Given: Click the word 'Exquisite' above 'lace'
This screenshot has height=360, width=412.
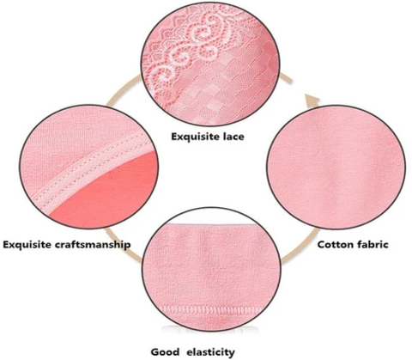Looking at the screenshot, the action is [x=194, y=137].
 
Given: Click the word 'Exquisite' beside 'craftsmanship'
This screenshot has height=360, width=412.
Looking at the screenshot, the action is [x=27, y=245].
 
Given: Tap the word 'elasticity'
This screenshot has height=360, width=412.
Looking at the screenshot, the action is [x=210, y=352].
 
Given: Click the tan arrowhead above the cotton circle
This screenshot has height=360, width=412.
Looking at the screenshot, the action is [x=312, y=101].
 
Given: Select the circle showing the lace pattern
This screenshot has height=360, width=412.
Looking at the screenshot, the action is [x=210, y=64].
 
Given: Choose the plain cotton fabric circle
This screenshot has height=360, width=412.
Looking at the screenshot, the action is [x=336, y=168].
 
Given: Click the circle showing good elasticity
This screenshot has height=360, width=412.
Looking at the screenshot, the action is [x=212, y=269].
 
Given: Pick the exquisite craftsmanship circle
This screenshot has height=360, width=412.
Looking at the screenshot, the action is [x=89, y=167].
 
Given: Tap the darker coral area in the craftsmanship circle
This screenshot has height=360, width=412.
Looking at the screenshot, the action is [x=114, y=189].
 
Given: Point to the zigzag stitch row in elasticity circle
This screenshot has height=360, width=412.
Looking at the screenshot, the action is [x=210, y=310].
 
